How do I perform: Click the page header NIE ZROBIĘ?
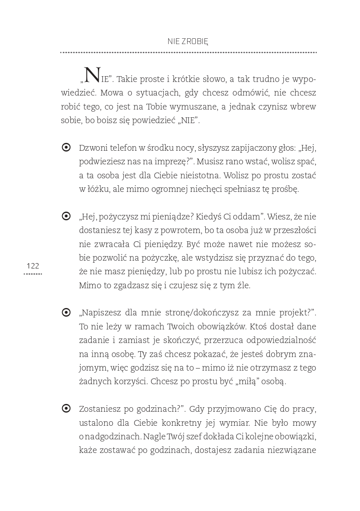188,41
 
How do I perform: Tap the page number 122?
33,266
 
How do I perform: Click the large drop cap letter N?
92,75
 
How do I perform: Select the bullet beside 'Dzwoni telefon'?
66,147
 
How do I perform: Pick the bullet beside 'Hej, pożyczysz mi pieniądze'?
66,216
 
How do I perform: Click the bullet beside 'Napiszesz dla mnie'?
66,313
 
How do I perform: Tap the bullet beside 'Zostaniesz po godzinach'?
66,408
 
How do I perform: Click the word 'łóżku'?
98,189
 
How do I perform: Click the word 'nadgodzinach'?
113,436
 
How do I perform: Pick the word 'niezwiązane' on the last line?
292,450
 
